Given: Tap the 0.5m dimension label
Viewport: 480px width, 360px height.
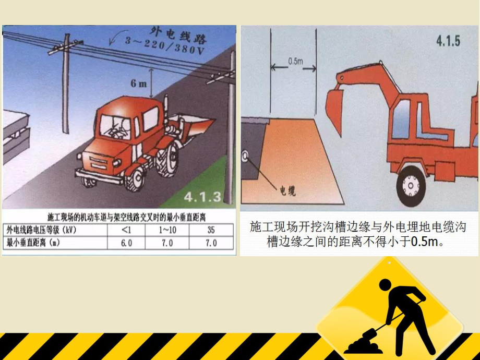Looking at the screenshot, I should point(295,61).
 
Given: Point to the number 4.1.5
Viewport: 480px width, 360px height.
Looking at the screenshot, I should point(448,40).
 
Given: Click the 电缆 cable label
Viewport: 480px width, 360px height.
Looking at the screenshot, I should point(288,191).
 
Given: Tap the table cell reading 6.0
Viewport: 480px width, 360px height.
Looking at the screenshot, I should point(127,243).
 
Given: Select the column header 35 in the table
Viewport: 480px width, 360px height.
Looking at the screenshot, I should point(211,230).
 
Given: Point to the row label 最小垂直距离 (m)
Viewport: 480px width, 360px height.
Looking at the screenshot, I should point(40,243).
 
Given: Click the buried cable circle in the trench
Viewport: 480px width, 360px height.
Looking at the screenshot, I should point(245,155).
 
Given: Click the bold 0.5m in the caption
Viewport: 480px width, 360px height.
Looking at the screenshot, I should point(426,241).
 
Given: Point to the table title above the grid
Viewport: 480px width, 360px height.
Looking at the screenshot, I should point(118,216).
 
